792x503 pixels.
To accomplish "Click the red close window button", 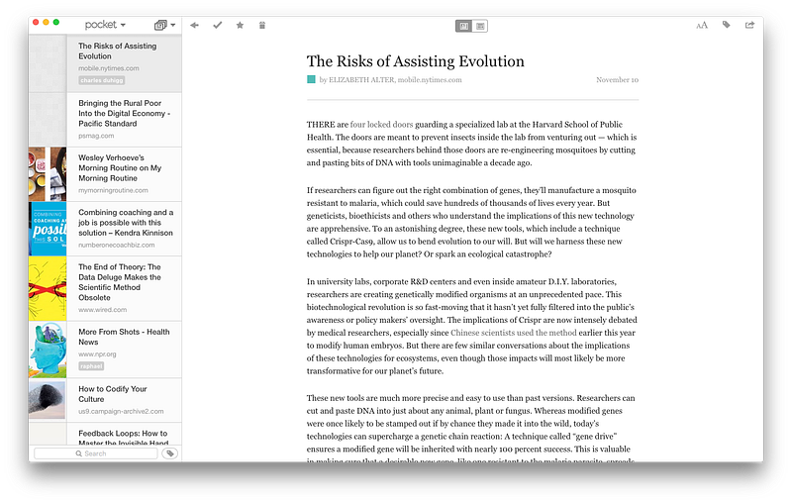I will tap(36, 23).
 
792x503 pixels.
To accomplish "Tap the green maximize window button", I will tap(56, 23).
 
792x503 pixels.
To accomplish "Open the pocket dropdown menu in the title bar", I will tap(105, 24).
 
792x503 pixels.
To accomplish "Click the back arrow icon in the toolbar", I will tap(195, 25).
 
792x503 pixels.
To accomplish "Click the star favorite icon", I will tap(240, 25).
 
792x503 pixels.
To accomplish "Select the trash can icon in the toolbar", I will tap(261, 25).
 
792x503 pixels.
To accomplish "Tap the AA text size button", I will tap(702, 25).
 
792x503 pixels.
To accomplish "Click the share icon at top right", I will tap(749, 25).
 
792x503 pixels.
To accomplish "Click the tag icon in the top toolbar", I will tap(726, 25).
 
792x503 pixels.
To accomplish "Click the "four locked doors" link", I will tap(381, 125).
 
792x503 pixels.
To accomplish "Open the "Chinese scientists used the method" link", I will tap(513, 334).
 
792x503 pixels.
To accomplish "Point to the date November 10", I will tap(617, 79).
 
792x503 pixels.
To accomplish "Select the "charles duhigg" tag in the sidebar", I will tap(101, 80).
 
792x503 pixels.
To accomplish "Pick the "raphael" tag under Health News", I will tap(91, 365).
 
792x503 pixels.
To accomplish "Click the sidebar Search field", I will tap(95, 453).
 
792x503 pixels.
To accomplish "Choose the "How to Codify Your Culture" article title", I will tap(113, 395).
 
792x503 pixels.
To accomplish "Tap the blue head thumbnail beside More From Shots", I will tap(48, 349).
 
